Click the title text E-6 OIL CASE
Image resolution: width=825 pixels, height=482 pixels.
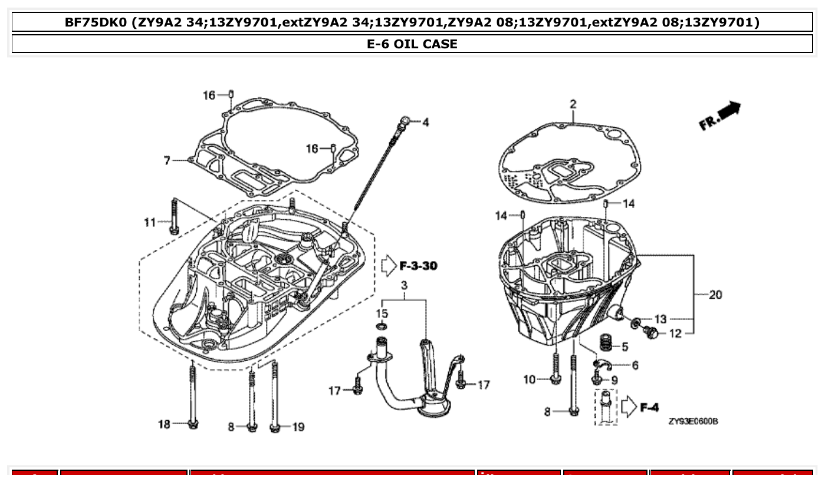point(412,44)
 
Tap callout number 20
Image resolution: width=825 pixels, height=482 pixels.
point(715,295)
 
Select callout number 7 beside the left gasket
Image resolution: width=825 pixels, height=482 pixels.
point(167,160)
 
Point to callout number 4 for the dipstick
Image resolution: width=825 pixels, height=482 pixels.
point(425,123)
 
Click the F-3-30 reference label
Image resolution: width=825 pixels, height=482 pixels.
point(418,266)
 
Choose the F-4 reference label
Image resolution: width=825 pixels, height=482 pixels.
point(649,407)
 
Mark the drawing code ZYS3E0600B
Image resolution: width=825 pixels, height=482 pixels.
point(693,421)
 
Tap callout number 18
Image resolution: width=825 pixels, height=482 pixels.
point(164,424)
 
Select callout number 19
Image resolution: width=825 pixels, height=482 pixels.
point(298,427)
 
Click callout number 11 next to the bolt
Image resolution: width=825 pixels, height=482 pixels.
point(150,222)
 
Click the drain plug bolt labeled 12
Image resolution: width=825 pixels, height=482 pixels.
point(651,334)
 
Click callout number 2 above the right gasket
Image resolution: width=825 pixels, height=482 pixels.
point(573,104)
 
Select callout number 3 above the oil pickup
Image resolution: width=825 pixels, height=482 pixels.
point(405,286)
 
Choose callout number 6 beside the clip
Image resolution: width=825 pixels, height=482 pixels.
point(635,365)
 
